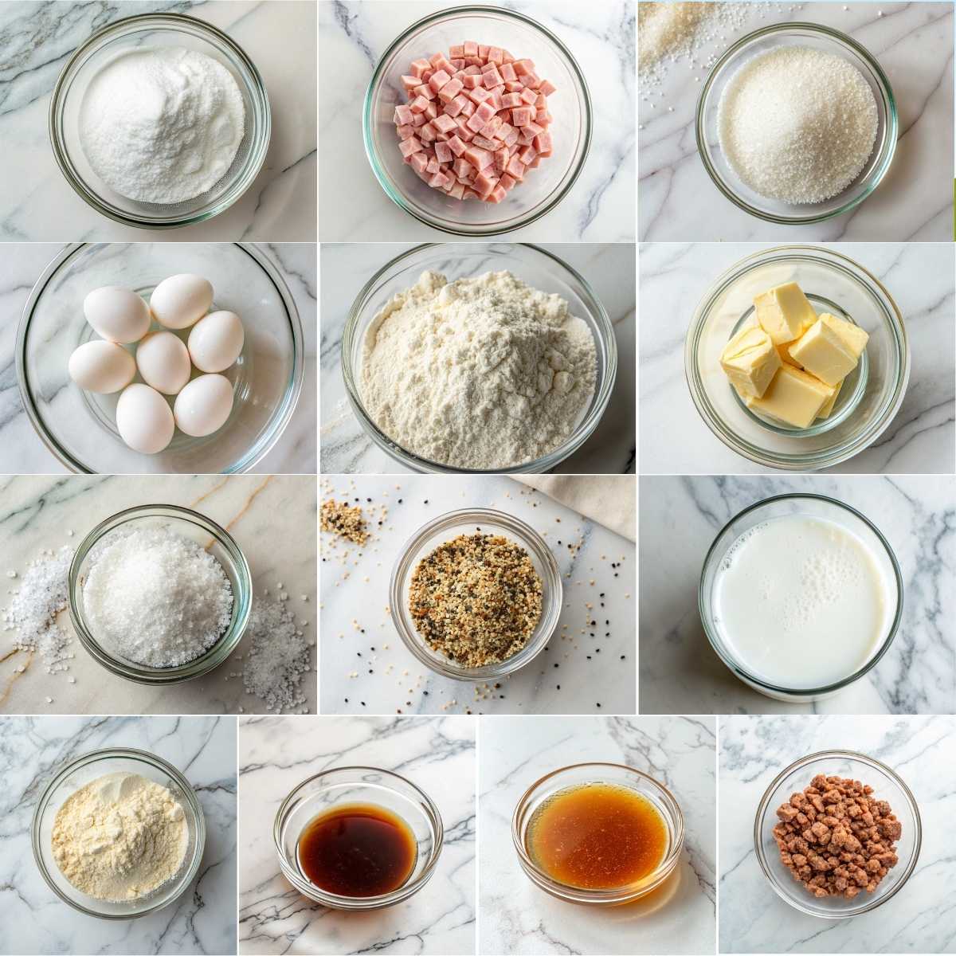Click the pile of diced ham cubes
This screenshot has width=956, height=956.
pos(475,119)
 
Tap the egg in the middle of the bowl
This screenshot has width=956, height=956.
pos(163,362)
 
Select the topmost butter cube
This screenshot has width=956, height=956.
pos(784,312)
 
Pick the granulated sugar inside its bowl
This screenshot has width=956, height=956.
pos(797,123)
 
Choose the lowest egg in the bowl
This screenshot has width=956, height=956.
pos(144,417)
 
